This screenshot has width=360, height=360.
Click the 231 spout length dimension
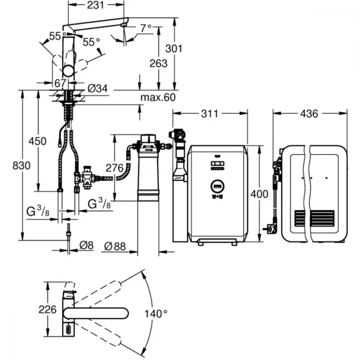(x=95, y=5)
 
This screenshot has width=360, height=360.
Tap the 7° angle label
(x=146, y=28)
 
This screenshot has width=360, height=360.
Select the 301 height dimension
(x=174, y=49)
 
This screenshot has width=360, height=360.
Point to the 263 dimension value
(x=158, y=63)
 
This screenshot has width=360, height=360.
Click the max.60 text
(x=158, y=97)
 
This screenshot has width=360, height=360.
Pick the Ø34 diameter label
(x=98, y=89)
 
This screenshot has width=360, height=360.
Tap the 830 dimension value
(x=21, y=166)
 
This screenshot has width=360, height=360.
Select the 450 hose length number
(x=37, y=141)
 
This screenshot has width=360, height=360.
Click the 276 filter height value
(x=114, y=168)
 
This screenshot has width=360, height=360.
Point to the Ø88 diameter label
(x=115, y=247)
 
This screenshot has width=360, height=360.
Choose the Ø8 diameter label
(x=86, y=246)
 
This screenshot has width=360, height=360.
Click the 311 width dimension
(x=210, y=114)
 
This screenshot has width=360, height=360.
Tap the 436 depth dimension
(x=309, y=114)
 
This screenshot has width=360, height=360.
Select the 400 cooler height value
(x=259, y=194)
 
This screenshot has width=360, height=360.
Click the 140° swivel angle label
(x=156, y=314)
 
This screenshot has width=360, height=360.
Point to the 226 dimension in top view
(x=48, y=310)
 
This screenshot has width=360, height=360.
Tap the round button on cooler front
(x=217, y=186)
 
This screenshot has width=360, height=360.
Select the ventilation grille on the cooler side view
(x=314, y=218)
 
